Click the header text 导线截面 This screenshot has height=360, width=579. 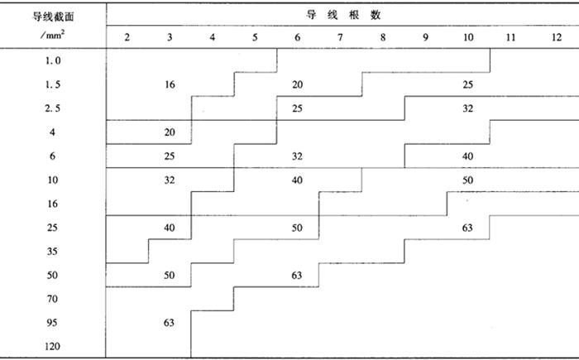point(53,17)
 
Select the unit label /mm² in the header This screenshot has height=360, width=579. point(53,35)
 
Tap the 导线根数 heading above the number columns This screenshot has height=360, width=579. point(343,15)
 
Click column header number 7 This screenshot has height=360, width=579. point(340,37)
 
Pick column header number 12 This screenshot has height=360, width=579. point(557,37)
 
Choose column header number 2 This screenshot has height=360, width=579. point(127,37)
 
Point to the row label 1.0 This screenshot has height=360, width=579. point(53,60)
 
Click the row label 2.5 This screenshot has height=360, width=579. point(52,108)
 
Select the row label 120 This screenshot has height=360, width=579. point(52,346)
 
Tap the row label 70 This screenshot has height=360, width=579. point(52,299)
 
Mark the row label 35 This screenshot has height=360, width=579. point(52,252)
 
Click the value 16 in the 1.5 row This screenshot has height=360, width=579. point(170,84)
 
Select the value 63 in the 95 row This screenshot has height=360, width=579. point(169,323)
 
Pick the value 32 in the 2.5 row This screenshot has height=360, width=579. point(468,108)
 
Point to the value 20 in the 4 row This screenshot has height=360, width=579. point(170,132)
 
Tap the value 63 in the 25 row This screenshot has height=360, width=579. point(467,228)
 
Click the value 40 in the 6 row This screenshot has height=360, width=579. point(468,156)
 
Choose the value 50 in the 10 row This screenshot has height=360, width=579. point(468,180)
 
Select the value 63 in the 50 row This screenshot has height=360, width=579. point(297,275)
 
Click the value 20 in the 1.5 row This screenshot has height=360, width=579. point(297,84)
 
